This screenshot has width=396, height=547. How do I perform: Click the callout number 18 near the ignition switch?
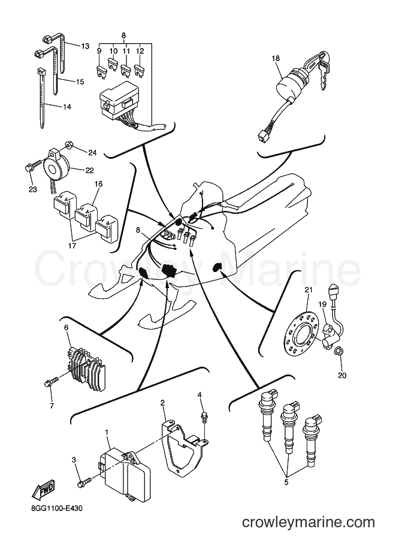click(x=276, y=58)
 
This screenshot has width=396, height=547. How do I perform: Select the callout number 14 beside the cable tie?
click(x=66, y=107)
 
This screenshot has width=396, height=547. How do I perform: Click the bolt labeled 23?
click(x=34, y=166)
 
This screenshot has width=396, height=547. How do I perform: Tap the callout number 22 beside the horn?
click(x=90, y=170)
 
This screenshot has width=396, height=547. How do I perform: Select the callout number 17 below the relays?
click(x=72, y=246)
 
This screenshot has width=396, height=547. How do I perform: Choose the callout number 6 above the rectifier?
click(x=66, y=327)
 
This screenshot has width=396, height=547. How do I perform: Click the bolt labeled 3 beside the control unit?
click(x=84, y=482)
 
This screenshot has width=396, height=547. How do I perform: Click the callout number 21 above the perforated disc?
click(x=309, y=290)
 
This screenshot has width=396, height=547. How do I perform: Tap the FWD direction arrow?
click(x=43, y=492)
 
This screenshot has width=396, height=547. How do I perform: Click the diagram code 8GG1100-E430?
click(x=54, y=508)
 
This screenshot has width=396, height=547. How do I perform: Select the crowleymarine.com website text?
click(x=309, y=522)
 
